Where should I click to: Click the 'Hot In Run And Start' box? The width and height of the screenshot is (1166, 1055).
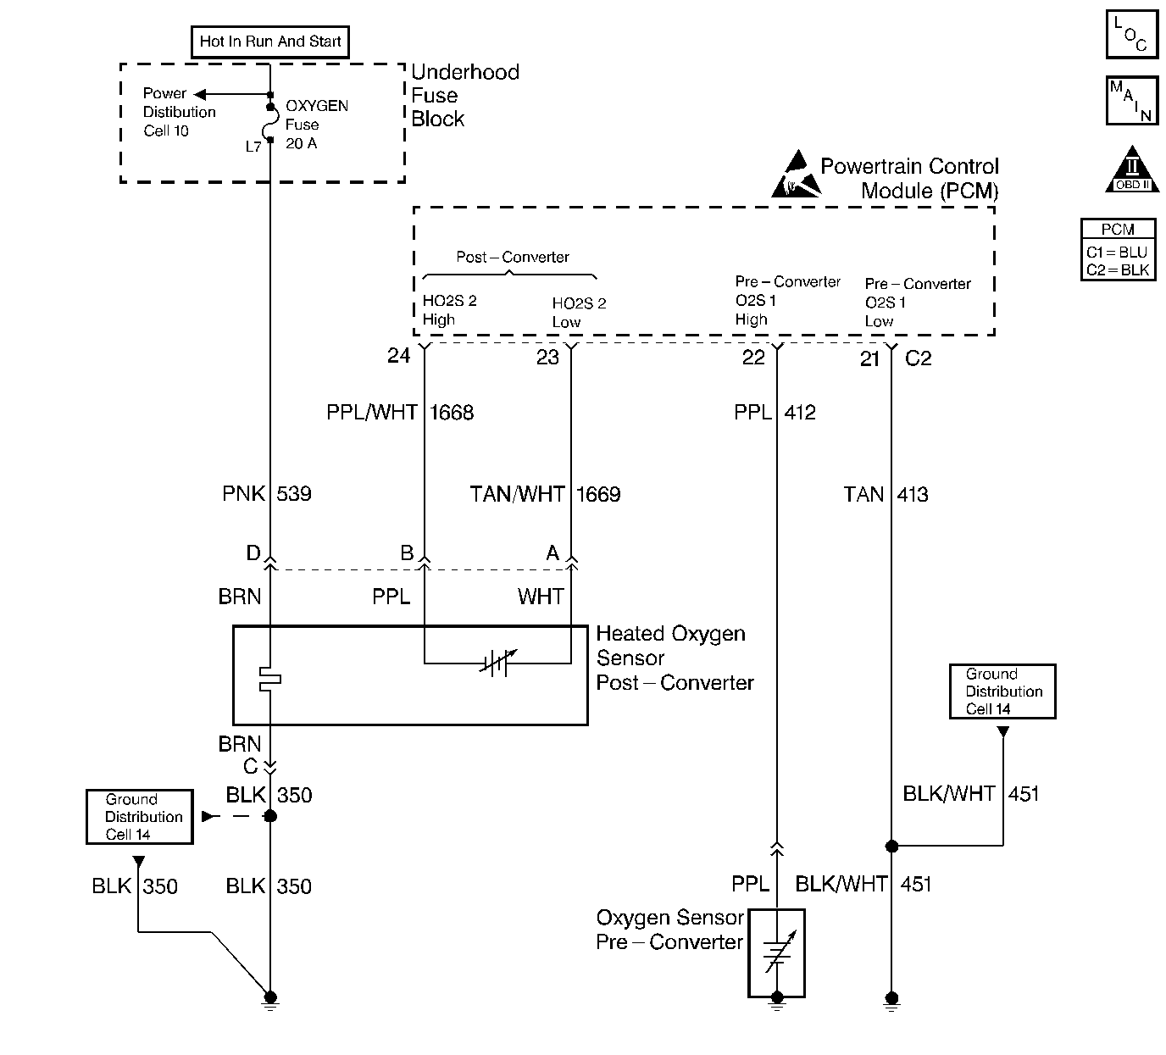point(270,42)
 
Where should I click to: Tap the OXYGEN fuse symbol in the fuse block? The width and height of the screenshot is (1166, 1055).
point(270,124)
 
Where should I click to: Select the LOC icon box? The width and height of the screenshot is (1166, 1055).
point(1131,34)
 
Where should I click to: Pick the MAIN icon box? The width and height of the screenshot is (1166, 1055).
point(1131,101)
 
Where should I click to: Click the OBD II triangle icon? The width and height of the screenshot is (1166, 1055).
point(1132,171)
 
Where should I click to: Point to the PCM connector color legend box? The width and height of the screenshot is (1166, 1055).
point(1119,250)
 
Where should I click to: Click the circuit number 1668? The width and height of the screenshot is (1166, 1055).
point(452,413)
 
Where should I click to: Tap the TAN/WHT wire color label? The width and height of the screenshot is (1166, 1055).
point(517,494)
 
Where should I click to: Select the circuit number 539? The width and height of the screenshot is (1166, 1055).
point(294,494)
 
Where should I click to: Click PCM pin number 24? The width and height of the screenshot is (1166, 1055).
point(398,356)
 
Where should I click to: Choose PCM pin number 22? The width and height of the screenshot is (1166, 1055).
point(753,358)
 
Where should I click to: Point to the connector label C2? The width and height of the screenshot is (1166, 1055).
point(918,358)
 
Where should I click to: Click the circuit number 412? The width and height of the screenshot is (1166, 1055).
point(800,413)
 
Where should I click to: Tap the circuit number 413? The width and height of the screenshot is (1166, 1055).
point(913,494)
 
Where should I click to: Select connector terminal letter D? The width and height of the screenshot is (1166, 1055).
point(253,553)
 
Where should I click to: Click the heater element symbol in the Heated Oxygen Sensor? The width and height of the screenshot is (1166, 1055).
point(270,678)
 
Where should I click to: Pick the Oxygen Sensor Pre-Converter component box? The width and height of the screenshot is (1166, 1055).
point(776,953)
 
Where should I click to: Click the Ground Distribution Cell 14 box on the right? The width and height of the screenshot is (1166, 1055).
point(1002,691)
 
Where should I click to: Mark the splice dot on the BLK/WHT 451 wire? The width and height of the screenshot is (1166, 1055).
point(891,846)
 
